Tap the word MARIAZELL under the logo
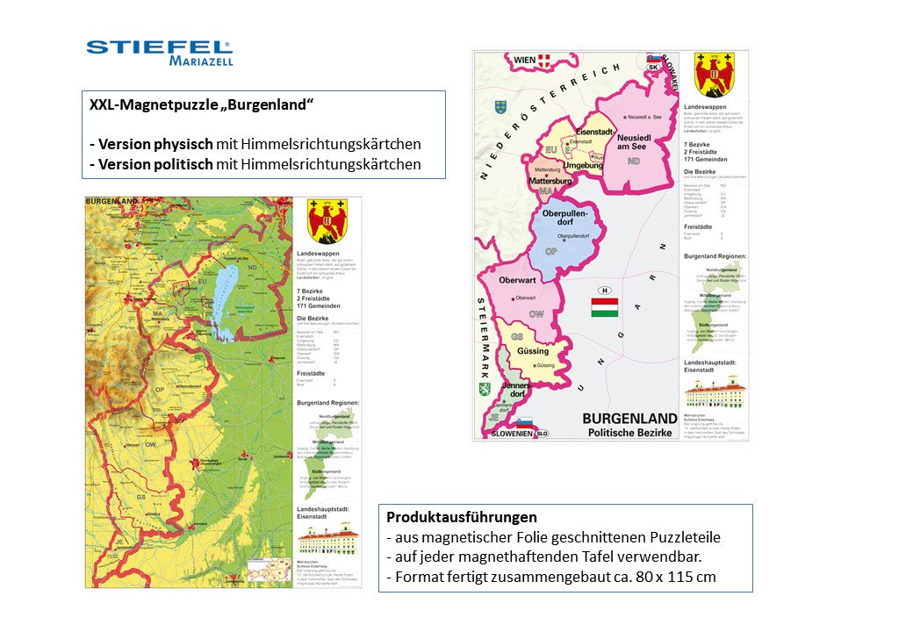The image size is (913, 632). tap(201, 61)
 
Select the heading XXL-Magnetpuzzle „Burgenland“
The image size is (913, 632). tap(202, 104)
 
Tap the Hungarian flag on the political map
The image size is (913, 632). tap(604, 307)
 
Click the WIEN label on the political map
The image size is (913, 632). tap(525, 60)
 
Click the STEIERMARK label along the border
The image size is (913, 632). tap(483, 348)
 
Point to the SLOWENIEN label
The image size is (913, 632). tap(512, 434)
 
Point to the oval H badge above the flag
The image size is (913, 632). tap(604, 291)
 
